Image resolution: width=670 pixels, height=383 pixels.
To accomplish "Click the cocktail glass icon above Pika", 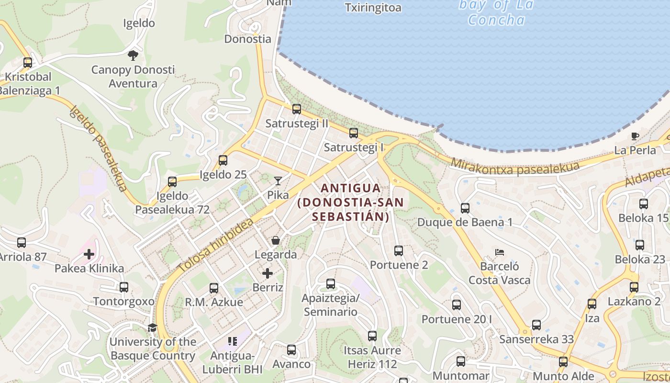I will (278, 180).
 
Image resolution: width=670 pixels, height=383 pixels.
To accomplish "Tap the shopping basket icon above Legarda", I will (276, 240).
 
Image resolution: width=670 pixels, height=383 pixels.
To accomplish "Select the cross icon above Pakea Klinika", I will (89, 254).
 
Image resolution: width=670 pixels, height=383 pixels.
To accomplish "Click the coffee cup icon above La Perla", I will (635, 136).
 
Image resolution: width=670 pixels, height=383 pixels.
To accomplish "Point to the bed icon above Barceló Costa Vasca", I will (500, 252).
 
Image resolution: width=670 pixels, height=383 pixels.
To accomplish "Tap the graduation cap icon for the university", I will (152, 327).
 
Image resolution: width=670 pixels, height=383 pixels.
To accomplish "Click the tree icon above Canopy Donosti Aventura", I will (133, 56).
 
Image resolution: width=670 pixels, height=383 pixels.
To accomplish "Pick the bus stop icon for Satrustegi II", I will (297, 109).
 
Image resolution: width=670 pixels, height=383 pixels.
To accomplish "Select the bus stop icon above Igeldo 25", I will (223, 160).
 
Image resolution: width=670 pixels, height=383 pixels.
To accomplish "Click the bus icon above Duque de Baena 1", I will (465, 208).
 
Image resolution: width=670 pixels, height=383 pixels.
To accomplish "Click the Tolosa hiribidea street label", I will (215, 246).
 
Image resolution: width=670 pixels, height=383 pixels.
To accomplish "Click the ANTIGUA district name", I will (351, 188).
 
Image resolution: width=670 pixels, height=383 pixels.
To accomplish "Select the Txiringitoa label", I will (373, 8).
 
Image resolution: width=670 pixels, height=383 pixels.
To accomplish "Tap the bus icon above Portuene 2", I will (399, 250).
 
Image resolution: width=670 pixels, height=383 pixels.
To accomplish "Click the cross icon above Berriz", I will (268, 273).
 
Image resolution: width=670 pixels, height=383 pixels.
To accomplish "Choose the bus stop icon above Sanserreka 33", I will (536, 325).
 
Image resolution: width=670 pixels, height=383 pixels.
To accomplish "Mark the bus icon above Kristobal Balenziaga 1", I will (28, 63).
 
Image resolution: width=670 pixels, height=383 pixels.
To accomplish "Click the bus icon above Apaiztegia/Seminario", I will (331, 284).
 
